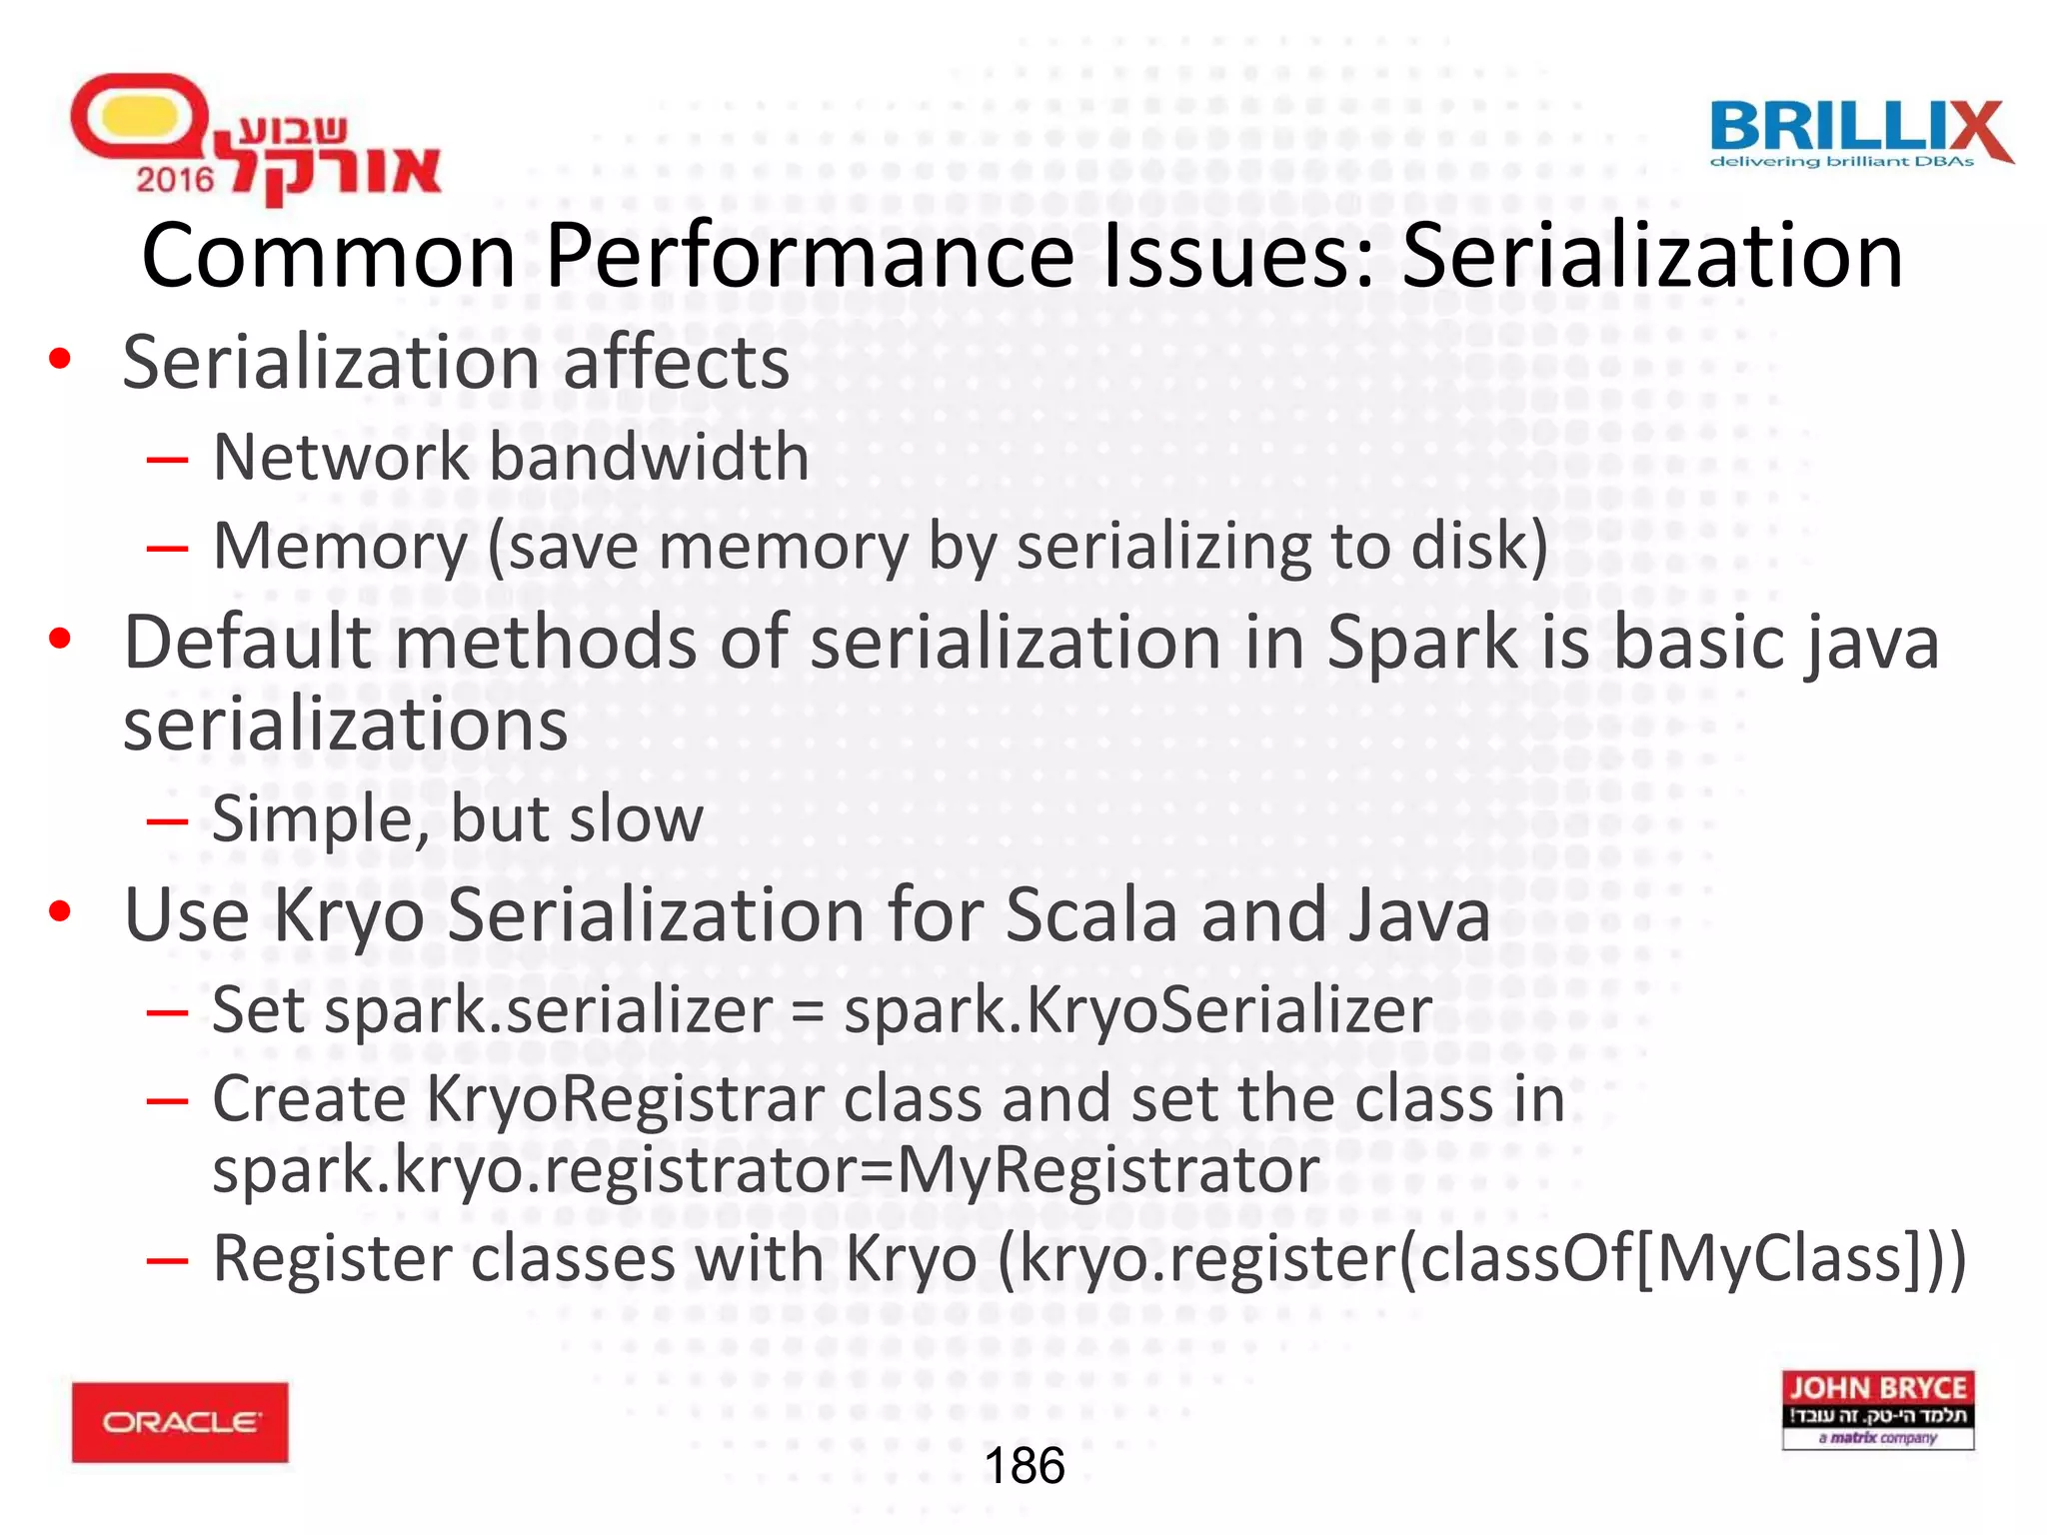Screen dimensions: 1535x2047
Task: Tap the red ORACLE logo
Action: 180,1421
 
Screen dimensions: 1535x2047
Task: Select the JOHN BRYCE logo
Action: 1877,1409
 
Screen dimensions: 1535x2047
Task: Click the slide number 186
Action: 1024,1466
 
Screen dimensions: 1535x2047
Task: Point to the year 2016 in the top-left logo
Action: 175,180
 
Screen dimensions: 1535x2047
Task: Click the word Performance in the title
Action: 810,256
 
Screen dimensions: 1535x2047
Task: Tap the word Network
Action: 341,458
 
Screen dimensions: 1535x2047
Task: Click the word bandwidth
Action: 650,458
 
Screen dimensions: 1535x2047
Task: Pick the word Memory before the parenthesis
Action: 341,548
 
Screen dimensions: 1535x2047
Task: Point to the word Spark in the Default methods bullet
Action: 1422,643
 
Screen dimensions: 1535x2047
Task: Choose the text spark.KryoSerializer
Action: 1137,1010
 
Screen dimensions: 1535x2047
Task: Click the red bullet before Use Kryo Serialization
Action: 60,910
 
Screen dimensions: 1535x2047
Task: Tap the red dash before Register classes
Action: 167,1260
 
